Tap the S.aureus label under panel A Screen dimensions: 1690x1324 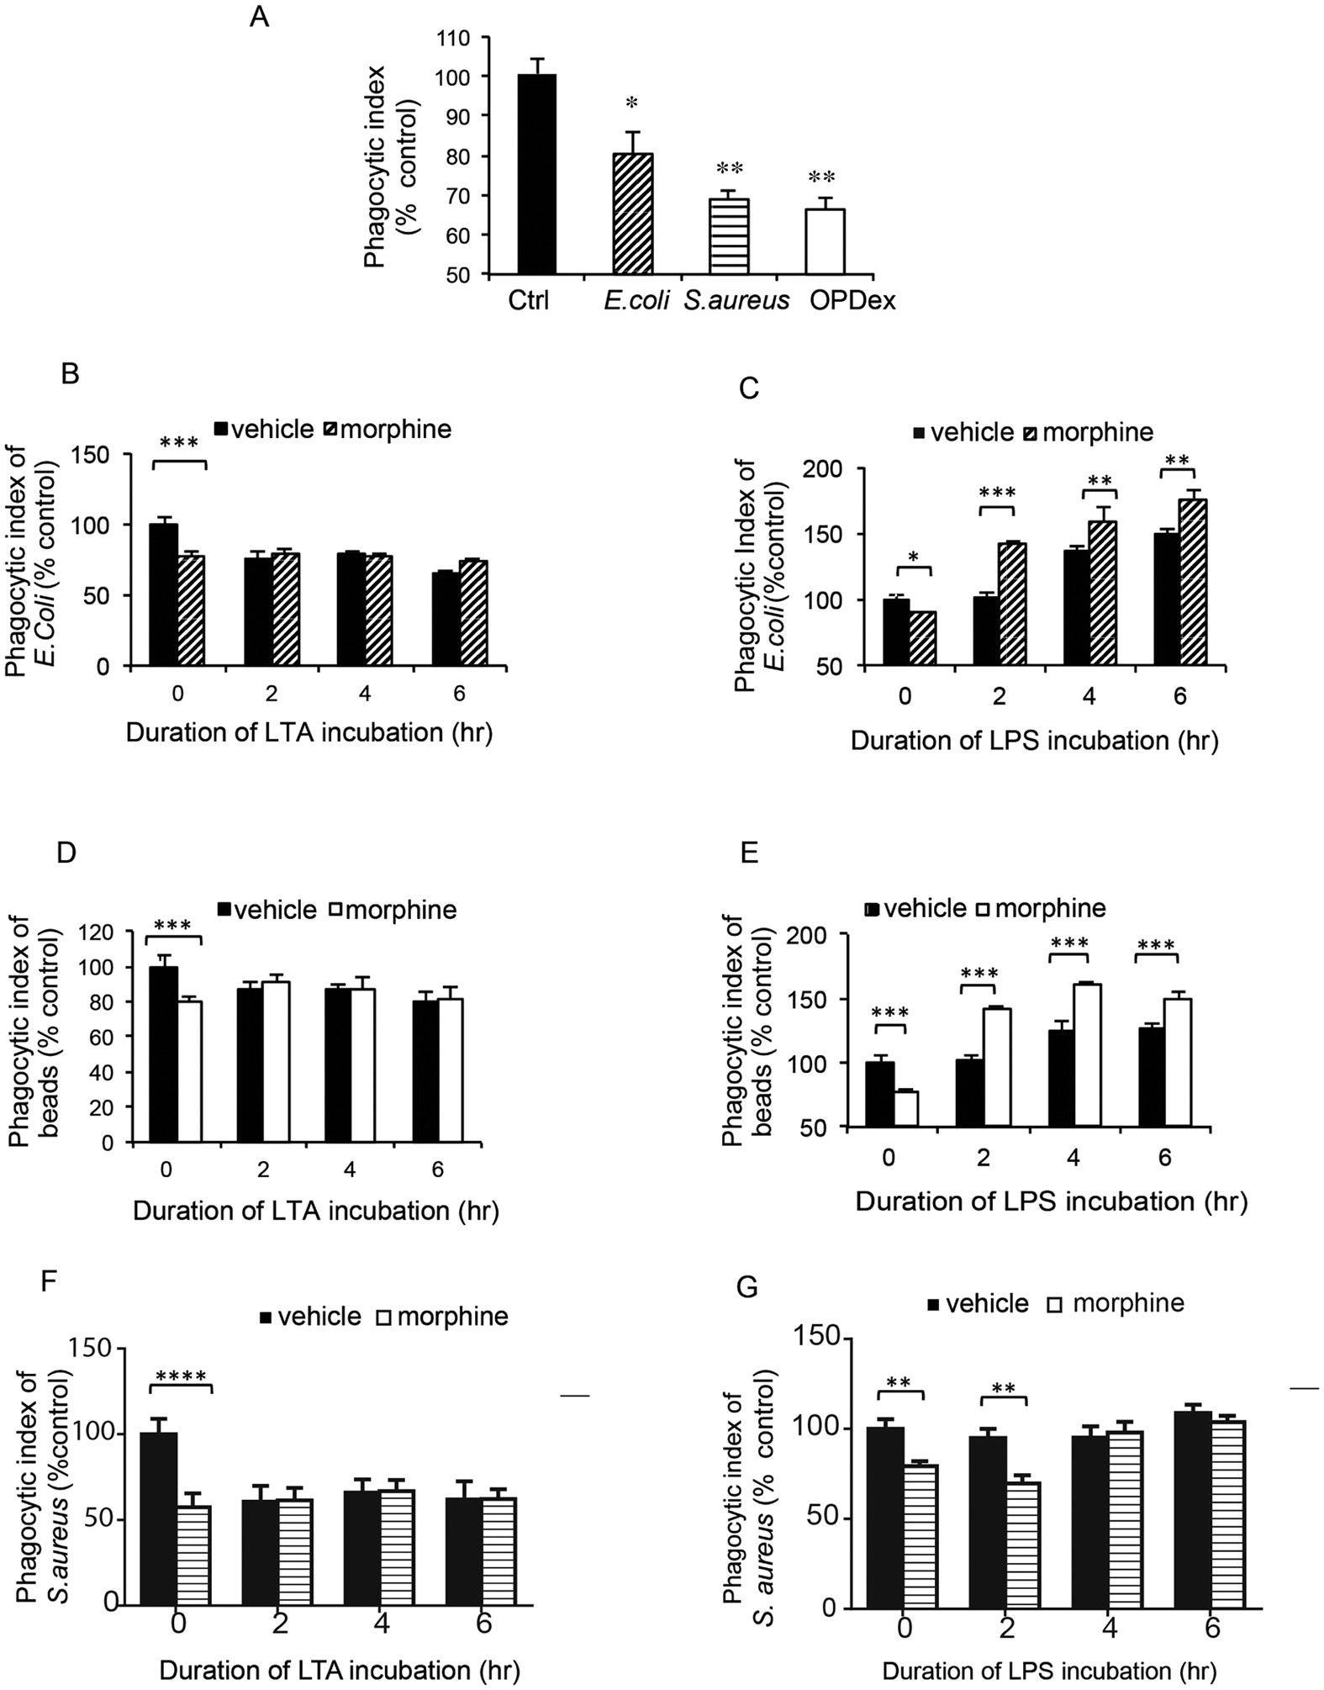pos(736,300)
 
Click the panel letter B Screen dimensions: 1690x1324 pos(71,372)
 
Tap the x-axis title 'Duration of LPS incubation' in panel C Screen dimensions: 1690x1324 pos(1034,741)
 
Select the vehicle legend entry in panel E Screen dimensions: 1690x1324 pos(918,908)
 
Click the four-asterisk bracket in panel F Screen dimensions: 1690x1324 pos(182,1376)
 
